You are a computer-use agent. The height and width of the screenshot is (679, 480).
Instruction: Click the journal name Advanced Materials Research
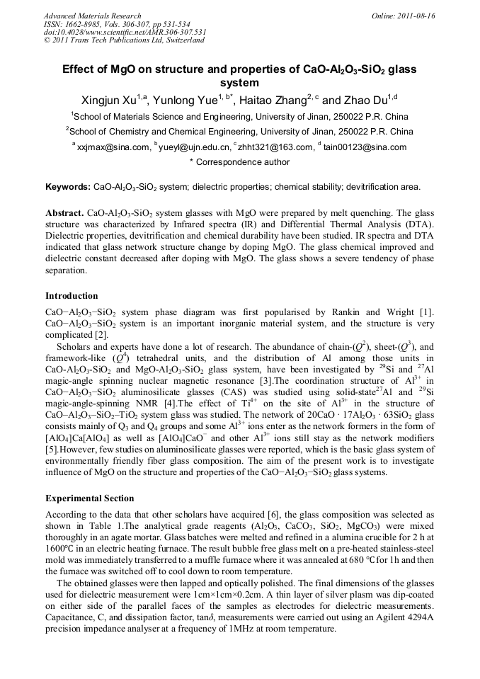click(x=92, y=16)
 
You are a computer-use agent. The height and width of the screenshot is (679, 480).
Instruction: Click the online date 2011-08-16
click(x=418, y=16)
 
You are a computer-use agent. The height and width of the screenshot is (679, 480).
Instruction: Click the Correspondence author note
click(x=240, y=162)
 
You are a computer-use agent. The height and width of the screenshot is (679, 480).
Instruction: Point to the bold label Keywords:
click(x=68, y=187)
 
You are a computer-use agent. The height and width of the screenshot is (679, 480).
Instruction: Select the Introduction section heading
click(x=72, y=296)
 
